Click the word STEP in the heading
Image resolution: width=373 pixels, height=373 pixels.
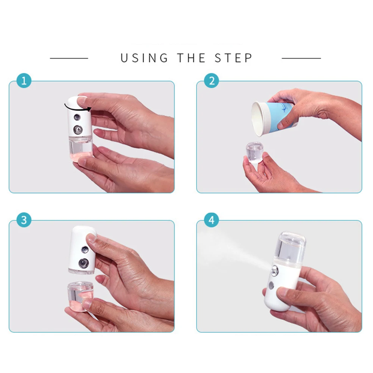click(x=233, y=58)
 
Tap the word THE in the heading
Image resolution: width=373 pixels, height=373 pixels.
click(x=191, y=58)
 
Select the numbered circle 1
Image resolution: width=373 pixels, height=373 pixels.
click(x=24, y=81)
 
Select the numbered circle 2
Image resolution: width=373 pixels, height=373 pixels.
click(x=211, y=81)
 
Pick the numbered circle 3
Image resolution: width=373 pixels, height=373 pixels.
click(x=24, y=220)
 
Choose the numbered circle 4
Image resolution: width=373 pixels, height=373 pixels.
click(x=211, y=220)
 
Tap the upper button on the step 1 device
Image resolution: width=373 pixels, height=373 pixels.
click(x=77, y=117)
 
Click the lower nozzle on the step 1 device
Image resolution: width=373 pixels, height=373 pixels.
click(x=78, y=129)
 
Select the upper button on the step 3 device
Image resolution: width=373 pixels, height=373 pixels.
click(x=85, y=250)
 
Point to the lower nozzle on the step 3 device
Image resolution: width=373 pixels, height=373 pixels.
click(x=83, y=263)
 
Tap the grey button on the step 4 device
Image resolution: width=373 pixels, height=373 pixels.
click(x=271, y=285)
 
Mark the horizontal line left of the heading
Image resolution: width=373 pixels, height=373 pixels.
click(x=69, y=58)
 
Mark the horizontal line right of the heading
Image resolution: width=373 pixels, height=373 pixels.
click(x=301, y=58)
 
